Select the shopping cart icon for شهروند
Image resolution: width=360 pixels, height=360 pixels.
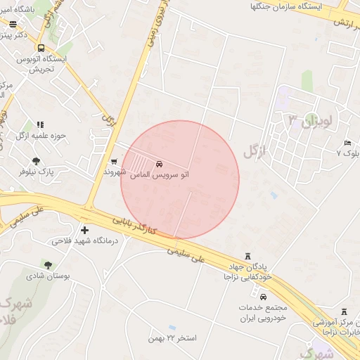[114, 162]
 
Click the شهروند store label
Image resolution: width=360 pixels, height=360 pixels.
[114, 172]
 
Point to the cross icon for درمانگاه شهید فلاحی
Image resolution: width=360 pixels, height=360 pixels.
[85, 230]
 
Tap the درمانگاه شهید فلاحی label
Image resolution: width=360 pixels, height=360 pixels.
[82, 241]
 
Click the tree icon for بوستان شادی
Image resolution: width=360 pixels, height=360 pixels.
[48, 265]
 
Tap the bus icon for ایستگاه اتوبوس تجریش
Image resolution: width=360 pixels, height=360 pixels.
[41, 48]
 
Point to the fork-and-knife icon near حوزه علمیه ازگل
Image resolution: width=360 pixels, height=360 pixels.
[39, 124]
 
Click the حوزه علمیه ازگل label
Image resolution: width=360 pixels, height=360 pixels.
[49, 135]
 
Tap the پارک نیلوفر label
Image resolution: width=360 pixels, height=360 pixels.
[36, 171]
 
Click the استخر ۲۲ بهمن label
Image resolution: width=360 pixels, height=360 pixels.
[172, 338]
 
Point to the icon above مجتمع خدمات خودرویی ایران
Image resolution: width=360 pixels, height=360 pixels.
[264, 297]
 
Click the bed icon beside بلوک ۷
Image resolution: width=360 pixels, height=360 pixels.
[347, 143]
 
